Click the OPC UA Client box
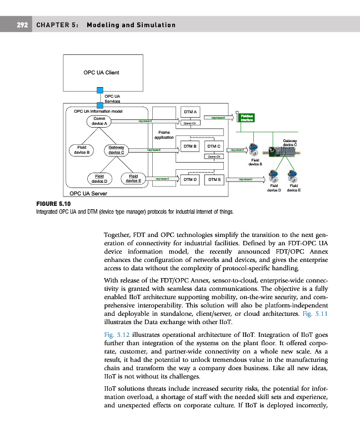click(101, 73)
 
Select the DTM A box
click(191, 112)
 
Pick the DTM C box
click(214, 147)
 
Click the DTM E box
click(214, 179)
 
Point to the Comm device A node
click(100, 121)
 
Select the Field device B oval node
click(81, 149)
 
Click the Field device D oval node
click(101, 179)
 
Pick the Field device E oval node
click(133, 179)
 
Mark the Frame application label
click(164, 135)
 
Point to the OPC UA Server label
click(89, 194)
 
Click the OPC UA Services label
click(113, 99)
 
